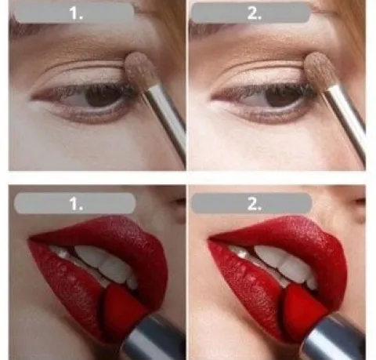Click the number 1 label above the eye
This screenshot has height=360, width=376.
pos(75,13)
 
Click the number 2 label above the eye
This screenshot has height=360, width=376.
pos(253,13)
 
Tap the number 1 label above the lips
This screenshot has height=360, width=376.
pos(75,203)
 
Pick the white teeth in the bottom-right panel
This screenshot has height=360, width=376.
pos(282,264)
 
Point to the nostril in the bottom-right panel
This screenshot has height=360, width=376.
pos(360,202)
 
